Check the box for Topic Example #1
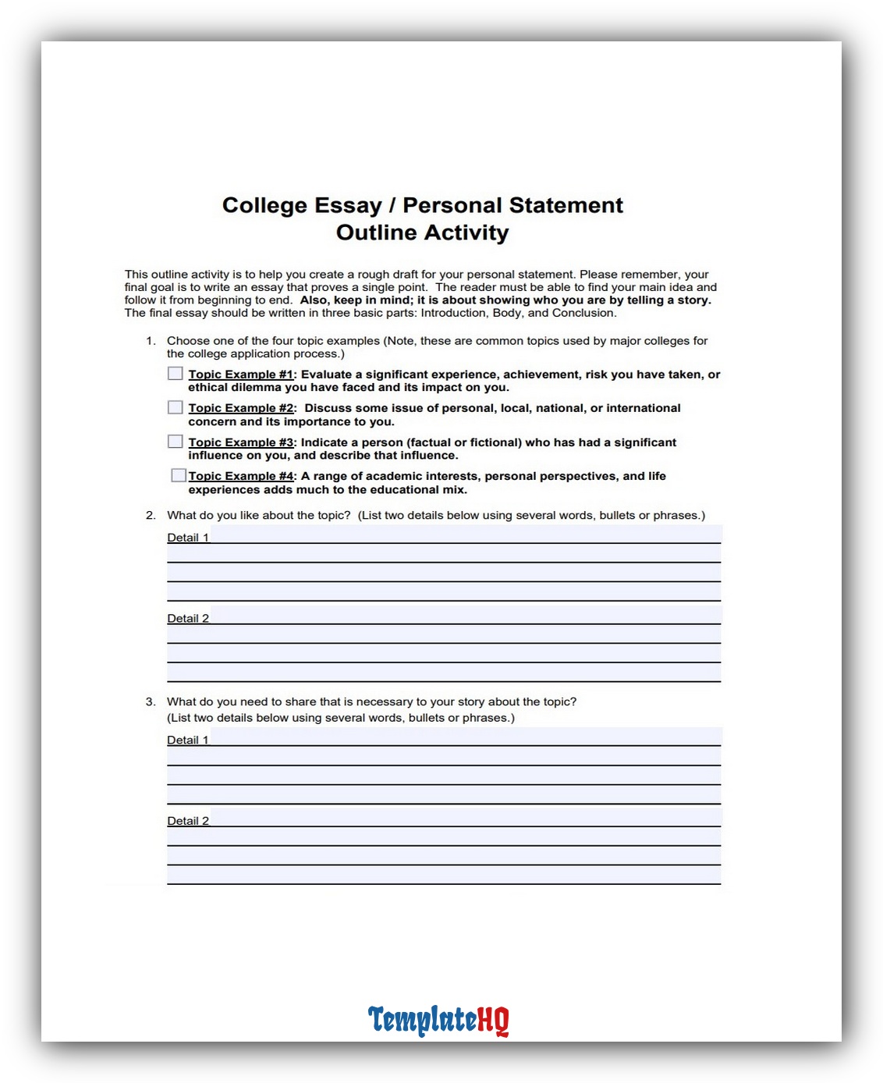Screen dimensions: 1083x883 click(176, 374)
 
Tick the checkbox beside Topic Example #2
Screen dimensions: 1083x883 click(176, 407)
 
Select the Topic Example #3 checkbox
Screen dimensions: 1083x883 click(176, 442)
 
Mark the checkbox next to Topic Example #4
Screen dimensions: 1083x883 click(179, 475)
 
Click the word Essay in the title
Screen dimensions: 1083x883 click(348, 205)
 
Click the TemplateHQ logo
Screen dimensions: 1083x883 click(438, 1020)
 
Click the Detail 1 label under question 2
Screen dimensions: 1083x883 click(188, 538)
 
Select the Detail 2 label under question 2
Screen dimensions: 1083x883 click(188, 619)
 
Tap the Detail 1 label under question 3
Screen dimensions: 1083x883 click(188, 740)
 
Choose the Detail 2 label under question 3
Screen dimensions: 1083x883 click(188, 821)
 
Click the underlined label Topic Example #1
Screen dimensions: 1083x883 click(241, 375)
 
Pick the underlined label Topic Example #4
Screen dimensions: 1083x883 click(241, 476)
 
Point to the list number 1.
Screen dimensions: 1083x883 click(150, 341)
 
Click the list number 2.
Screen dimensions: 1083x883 click(150, 516)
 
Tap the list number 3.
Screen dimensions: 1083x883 click(150, 702)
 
